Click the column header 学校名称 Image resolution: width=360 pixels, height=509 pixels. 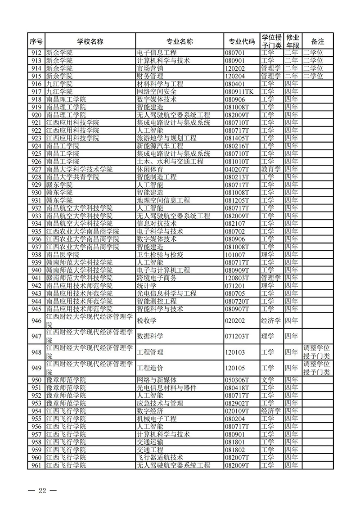pos(90,41)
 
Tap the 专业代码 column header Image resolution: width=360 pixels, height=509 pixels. pos(242,41)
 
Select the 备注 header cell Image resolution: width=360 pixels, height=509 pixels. pos(318,41)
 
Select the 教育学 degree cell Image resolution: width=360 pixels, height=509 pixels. pos(270,169)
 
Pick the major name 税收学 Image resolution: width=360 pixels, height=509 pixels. pos(146,320)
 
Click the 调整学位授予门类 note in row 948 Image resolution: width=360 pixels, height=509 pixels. pos(317,352)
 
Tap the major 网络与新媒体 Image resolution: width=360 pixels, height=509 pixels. pos(157,380)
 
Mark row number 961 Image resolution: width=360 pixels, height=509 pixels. pos(36,465)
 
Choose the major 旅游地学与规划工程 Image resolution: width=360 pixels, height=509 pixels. pos(166,138)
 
